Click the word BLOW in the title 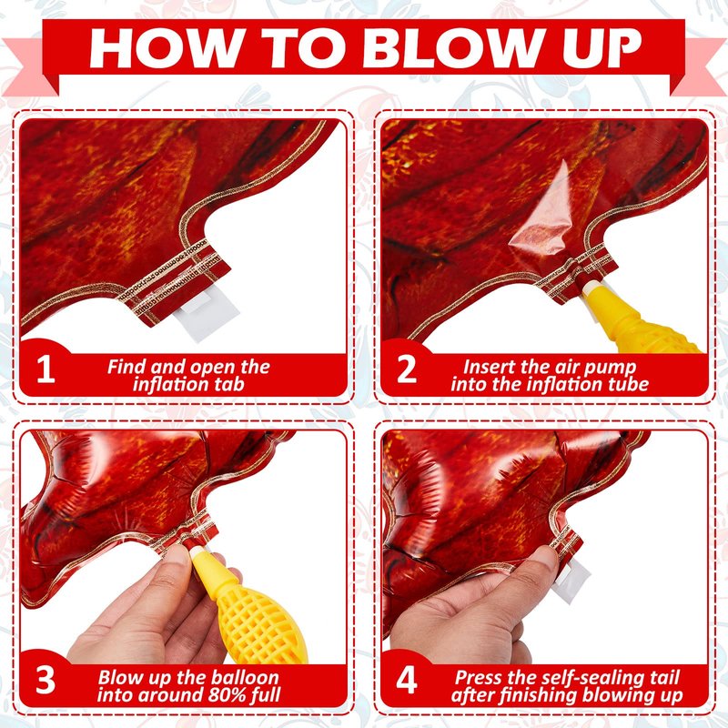click(453, 48)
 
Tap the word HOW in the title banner click(166, 48)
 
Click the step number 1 click(45, 369)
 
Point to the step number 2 click(407, 369)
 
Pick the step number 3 click(45, 681)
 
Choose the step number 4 click(407, 681)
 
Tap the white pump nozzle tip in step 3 click(198, 554)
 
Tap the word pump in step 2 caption click(613, 367)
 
